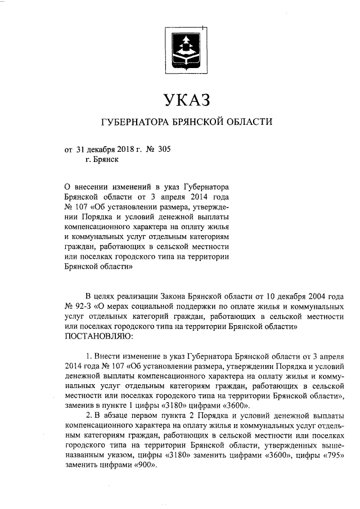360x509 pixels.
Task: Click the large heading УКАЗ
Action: (185, 100)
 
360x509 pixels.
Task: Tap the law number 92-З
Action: (83, 307)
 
